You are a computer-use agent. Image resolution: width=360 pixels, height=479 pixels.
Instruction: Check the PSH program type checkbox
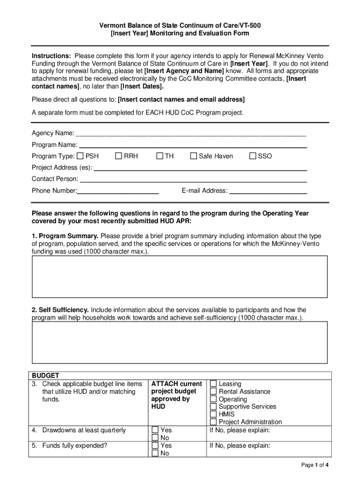point(80,156)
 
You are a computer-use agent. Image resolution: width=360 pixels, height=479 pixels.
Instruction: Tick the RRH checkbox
point(119,156)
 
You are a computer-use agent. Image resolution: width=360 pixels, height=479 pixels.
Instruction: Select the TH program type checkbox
point(159,156)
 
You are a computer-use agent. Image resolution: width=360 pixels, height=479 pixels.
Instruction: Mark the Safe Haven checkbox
point(194,156)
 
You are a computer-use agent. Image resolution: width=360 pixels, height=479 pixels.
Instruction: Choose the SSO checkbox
point(253,156)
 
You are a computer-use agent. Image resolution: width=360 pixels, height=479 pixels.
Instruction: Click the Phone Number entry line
point(118,191)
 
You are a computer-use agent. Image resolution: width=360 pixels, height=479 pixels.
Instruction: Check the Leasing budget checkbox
point(213,384)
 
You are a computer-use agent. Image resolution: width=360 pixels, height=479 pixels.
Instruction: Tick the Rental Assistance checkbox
point(213,392)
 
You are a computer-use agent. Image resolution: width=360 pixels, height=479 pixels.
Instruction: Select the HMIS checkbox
point(213,414)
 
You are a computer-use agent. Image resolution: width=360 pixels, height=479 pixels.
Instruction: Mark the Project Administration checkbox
point(213,421)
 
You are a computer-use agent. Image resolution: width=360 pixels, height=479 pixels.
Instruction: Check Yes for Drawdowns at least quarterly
point(155,430)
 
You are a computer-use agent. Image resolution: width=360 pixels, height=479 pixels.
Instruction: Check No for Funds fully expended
point(155,453)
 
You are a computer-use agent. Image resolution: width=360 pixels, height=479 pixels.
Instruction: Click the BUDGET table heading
point(45,376)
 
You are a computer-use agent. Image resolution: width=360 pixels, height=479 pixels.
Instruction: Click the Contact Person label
point(55,179)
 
